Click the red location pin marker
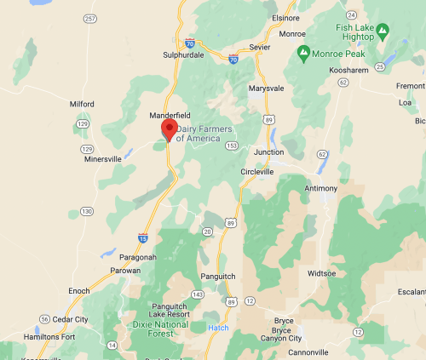[169, 129]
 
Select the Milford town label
[82, 104]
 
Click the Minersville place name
[103, 158]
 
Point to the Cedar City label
[70, 319]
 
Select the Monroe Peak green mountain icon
[304, 54]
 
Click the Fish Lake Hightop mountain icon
[383, 33]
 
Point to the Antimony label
[321, 188]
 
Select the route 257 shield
[91, 18]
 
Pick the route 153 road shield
[231, 146]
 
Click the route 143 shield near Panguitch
[198, 294]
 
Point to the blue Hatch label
[218, 328]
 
